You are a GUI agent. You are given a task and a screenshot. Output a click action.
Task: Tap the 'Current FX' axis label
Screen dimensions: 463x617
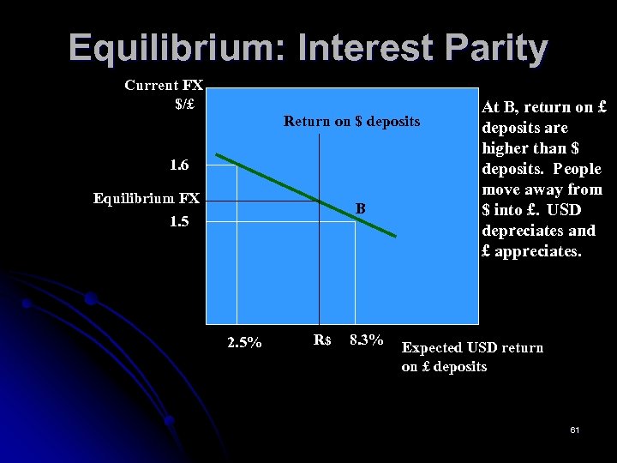point(163,85)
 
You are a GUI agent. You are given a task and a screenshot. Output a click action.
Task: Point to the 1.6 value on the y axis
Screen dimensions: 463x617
point(179,164)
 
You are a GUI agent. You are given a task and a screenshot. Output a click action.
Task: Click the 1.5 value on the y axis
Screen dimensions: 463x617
point(179,222)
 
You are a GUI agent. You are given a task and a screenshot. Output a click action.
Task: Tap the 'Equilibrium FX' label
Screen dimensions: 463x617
point(146,199)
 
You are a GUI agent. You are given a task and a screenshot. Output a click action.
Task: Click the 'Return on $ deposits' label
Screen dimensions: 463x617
point(351,122)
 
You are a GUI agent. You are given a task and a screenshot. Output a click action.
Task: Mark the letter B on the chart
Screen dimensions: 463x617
point(361,208)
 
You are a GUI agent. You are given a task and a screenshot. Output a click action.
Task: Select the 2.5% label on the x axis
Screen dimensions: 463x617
point(244,343)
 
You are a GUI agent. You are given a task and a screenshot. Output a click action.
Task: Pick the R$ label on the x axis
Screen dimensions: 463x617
point(322,340)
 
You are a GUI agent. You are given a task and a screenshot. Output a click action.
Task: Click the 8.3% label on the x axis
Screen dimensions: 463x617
point(366,340)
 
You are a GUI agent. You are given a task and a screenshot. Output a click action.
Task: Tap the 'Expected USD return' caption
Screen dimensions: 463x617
point(472,347)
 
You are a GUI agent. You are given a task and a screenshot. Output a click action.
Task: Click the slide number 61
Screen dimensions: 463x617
point(573,429)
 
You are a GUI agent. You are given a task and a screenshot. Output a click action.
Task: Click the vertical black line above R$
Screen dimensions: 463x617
point(319,257)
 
